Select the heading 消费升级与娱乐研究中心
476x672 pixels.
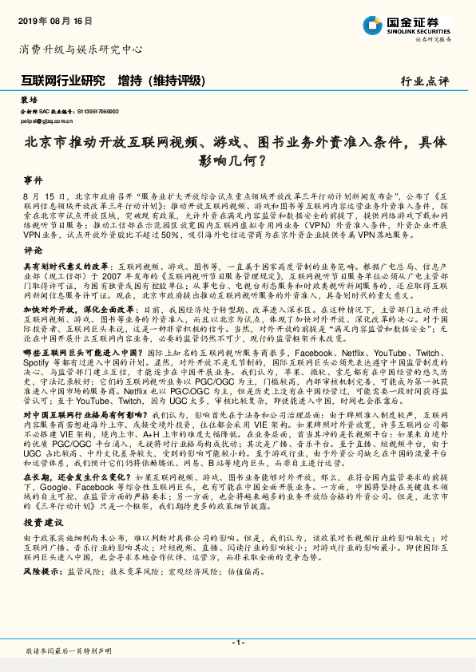[80, 49]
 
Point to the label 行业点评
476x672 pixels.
[424, 81]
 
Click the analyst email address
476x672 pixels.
[46, 121]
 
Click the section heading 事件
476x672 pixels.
[34, 180]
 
